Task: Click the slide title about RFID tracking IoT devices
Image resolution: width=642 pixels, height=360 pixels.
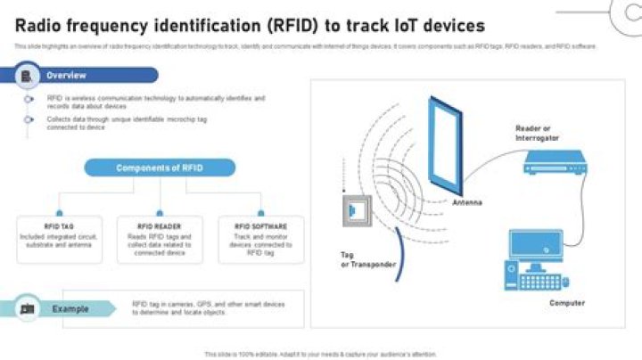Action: click(250, 26)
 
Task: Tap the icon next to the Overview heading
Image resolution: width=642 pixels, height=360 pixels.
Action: click(27, 76)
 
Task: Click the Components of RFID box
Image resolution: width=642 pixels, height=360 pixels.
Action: click(160, 168)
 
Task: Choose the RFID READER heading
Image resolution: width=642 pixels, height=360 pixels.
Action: click(159, 226)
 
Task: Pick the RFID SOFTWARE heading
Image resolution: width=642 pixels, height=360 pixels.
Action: click(259, 226)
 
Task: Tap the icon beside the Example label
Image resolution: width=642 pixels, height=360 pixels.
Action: click(27, 308)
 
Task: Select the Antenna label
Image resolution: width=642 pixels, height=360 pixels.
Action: click(466, 203)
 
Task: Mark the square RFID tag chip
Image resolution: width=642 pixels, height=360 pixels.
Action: click(354, 210)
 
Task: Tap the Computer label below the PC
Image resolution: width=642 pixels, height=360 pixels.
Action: click(567, 303)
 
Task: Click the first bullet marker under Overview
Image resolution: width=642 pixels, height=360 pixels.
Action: click(29, 99)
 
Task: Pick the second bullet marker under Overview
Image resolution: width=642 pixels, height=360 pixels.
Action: click(29, 119)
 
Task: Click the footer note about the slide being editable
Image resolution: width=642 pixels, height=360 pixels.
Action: click(321, 354)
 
